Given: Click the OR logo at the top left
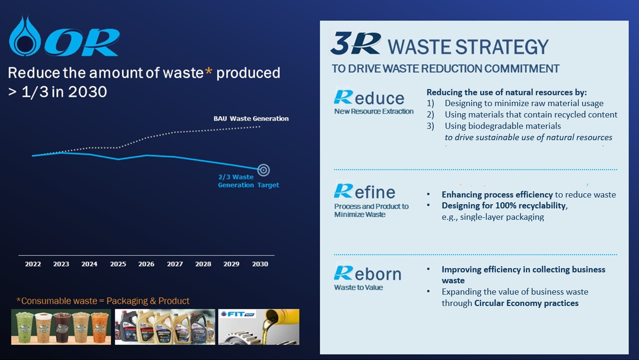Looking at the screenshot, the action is tap(64, 36).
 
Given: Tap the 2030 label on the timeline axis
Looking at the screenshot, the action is tap(260, 264).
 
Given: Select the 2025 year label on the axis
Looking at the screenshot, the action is tap(118, 264).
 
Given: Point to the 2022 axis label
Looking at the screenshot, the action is tap(33, 264).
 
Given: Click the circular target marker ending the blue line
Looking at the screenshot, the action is tap(263, 170).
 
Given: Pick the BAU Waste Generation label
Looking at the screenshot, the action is tap(251, 118).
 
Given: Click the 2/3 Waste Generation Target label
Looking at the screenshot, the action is tap(248, 181).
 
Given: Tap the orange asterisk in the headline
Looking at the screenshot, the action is tap(209, 71).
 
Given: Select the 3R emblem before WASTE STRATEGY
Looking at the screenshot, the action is tap(356, 43).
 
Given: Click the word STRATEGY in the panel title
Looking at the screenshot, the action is tap(502, 47).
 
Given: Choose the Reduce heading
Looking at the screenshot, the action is tap(369, 98).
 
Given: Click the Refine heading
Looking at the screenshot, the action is tap(365, 191).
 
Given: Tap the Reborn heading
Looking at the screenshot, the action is tap(367, 273).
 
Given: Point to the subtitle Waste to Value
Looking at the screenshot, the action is tap(358, 288).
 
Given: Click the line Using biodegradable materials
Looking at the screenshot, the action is tap(502, 126).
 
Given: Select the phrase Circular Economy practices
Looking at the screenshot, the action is tap(526, 303).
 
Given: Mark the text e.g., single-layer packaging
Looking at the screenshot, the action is tap(493, 217).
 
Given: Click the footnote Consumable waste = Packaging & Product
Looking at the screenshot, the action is tap(103, 301).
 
